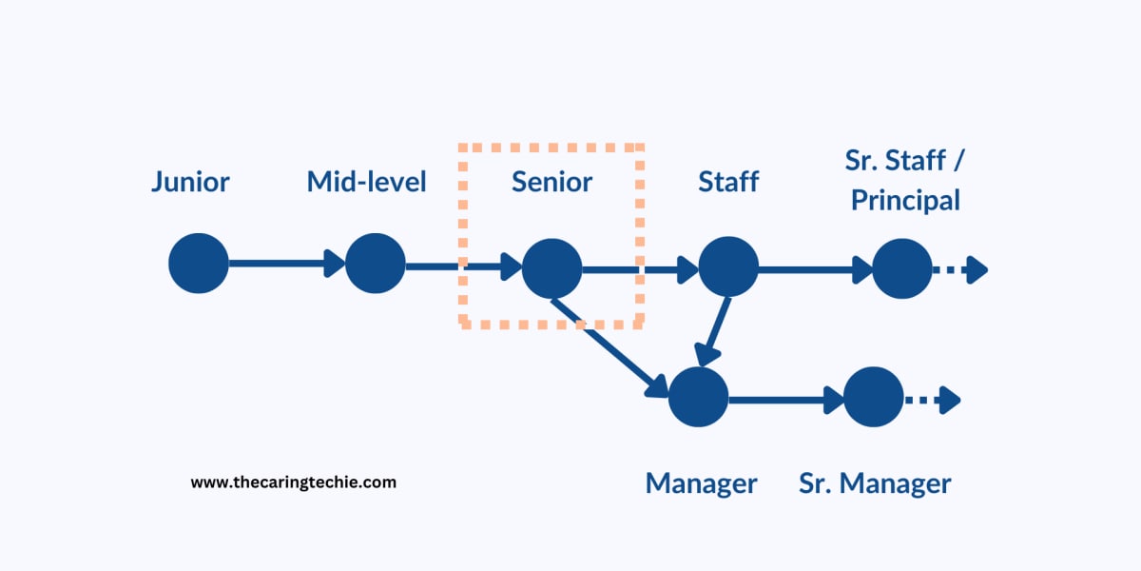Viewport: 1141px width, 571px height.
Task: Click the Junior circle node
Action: coord(199,264)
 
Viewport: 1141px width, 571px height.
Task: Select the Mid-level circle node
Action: coord(375,264)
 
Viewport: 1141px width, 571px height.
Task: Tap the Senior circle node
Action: coord(551,268)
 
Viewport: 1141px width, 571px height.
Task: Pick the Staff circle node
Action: coord(728,268)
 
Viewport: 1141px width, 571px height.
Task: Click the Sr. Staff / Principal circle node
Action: coord(902,268)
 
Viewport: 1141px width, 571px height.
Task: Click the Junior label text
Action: coord(190,181)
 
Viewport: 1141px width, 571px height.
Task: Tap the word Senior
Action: coord(551,181)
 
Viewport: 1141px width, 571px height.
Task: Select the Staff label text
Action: coord(728,181)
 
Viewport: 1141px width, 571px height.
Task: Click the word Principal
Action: coord(905,201)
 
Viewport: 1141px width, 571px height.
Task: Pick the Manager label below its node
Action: coord(702,482)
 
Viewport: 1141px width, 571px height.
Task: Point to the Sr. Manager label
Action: coord(875,482)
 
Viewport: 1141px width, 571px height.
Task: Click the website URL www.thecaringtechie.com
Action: coord(294,482)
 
